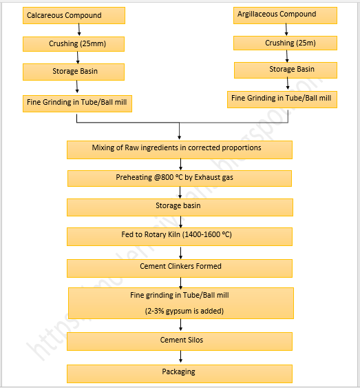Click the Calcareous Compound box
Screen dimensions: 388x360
point(74,15)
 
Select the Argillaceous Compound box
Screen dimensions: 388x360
point(285,14)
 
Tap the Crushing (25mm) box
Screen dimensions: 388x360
point(74,43)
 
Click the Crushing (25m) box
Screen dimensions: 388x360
point(285,43)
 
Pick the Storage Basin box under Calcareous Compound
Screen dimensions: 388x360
point(74,72)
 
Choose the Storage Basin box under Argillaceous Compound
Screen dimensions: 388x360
point(285,70)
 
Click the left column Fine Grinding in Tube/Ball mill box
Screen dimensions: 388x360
point(76,103)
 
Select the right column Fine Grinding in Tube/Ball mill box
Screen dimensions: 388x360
point(282,99)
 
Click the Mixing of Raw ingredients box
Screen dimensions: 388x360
point(179,149)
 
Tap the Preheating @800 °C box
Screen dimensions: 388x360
point(179,178)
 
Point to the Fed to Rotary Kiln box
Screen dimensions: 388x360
point(179,236)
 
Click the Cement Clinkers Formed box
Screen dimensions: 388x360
point(179,267)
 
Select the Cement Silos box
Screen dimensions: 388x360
point(179,340)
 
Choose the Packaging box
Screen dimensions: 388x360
point(179,373)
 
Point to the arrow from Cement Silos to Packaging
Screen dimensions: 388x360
point(180,357)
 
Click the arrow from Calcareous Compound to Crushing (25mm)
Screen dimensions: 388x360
point(80,29)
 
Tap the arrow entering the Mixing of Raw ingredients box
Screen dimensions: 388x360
point(180,132)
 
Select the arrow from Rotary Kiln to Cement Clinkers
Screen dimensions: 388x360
point(180,252)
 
